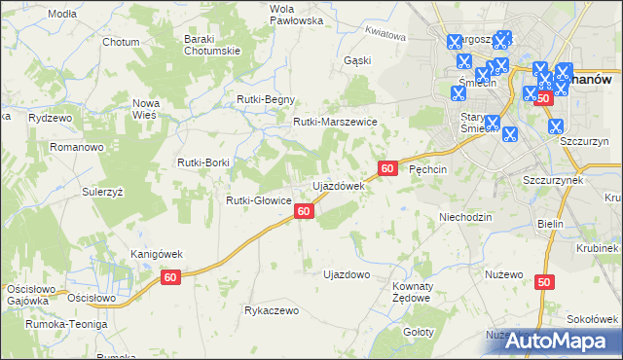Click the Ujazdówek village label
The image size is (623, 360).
tap(338, 185)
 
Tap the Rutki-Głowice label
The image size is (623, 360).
tap(259, 200)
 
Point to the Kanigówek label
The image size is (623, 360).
tap(157, 254)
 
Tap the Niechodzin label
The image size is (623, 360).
tap(465, 217)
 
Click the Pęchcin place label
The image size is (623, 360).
tap(427, 169)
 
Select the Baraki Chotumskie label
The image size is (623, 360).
tap(212, 45)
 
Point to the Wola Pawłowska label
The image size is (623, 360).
tap(268, 14)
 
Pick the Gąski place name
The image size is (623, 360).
tap(357, 59)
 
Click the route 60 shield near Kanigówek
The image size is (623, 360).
tap(170, 278)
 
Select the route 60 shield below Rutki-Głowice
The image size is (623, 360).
tap(305, 211)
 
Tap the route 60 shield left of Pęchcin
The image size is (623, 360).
tap(387, 168)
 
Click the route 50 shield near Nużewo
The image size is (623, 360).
tap(543, 282)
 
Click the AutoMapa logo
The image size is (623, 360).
tap(556, 342)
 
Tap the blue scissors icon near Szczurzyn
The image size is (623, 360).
tap(555, 126)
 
